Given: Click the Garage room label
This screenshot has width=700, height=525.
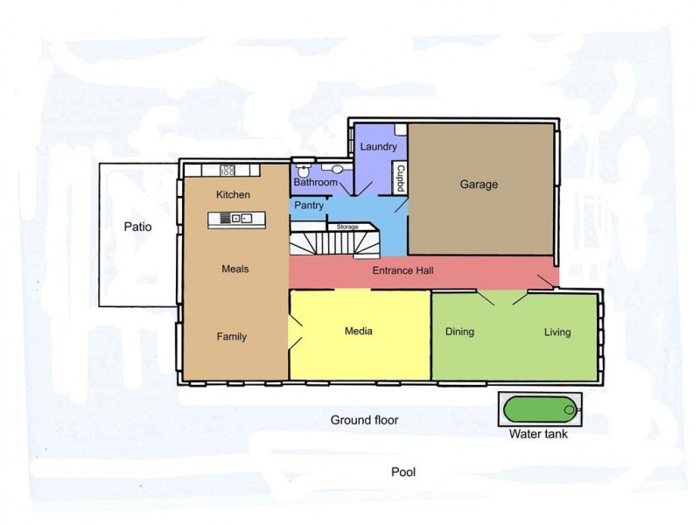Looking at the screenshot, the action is coord(479,185).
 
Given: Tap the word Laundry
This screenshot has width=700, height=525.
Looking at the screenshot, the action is coord(378,147).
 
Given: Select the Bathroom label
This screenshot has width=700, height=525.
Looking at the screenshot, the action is coord(315,182).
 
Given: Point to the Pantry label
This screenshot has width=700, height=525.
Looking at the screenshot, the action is coord(309,206).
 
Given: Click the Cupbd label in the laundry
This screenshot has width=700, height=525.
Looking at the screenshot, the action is coord(401,178).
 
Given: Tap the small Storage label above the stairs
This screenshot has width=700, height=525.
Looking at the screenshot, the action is coord(347,227).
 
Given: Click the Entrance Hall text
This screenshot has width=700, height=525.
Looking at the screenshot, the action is coord(402,270).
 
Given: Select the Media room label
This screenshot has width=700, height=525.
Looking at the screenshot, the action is coord(359,331).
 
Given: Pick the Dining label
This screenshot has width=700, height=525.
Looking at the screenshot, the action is coord(460,332).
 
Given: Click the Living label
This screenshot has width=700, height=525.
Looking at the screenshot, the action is coord(557,332).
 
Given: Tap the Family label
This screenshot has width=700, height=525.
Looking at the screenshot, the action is coord(232,337).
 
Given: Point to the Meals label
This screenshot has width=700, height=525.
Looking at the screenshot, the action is coord(235,269).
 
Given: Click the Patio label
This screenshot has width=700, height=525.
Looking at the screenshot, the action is coord(137,227).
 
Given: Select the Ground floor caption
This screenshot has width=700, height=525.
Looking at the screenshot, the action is coord(364,420).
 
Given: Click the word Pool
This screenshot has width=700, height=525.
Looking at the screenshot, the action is coord(403,472).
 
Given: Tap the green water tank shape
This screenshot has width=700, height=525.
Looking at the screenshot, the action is coord(540,409).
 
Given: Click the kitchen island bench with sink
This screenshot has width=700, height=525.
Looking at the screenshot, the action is coord(236,220).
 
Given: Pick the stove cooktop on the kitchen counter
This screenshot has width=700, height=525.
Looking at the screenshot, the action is coord(227,170).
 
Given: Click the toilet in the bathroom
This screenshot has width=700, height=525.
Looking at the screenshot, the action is coord(303,170).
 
